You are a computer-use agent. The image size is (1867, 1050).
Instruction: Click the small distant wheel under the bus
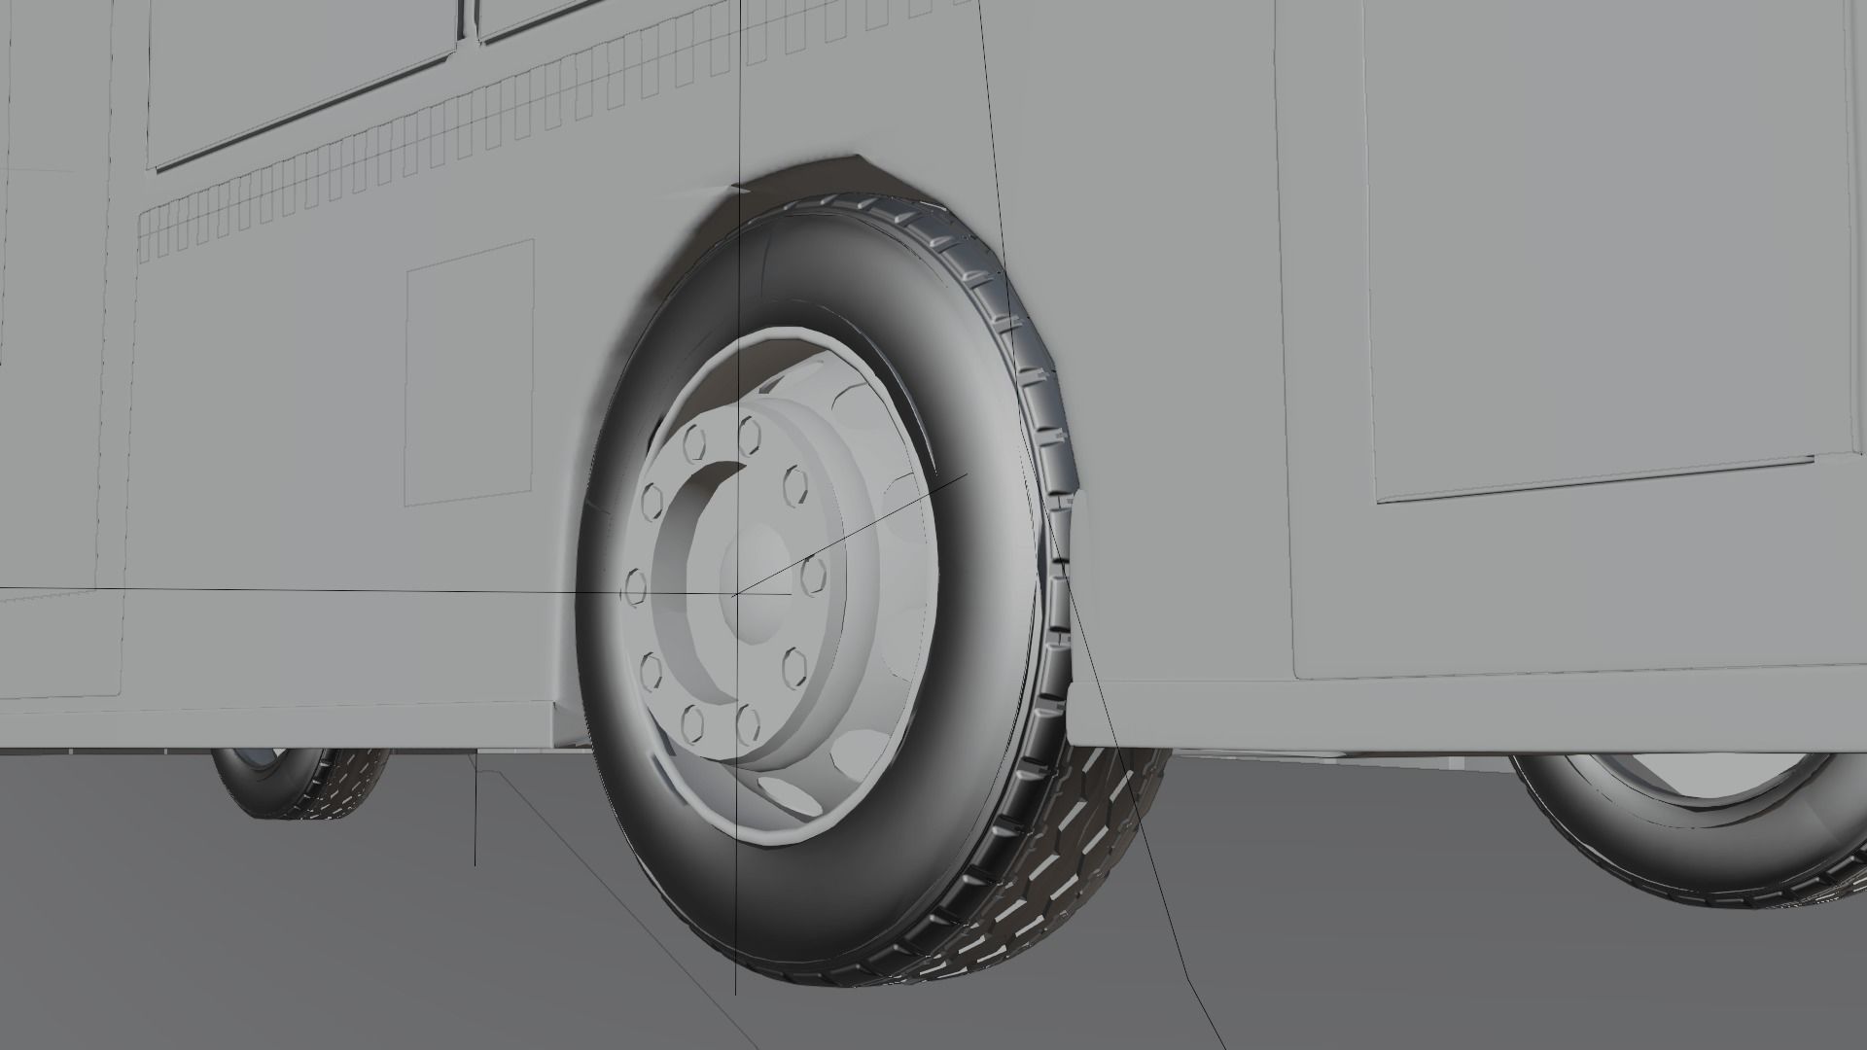tap(301, 781)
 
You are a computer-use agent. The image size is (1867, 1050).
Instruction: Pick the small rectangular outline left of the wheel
tap(469, 372)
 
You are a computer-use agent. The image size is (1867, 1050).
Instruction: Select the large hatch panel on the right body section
tap(1595, 253)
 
